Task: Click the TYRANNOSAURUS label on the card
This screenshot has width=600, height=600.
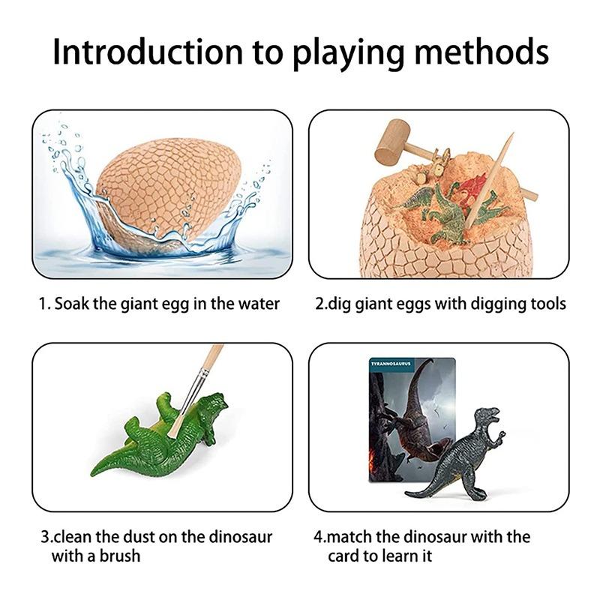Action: (x=391, y=364)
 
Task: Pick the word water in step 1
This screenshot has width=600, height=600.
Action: (x=259, y=304)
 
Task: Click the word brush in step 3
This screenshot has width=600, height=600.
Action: (x=121, y=556)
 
